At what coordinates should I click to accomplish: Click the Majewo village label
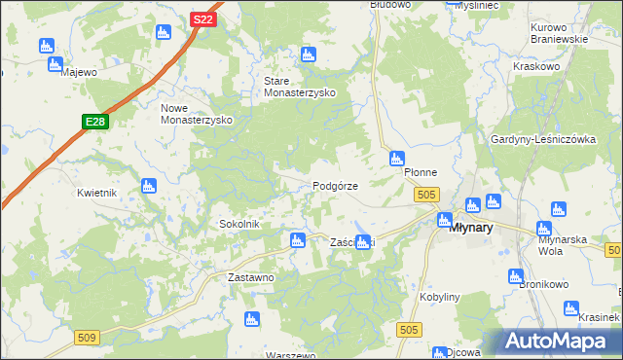(79, 72)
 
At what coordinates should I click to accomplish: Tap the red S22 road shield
(202, 18)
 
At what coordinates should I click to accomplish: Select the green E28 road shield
(94, 122)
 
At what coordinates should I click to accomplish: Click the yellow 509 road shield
(87, 337)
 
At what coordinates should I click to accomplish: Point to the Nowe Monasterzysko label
(195, 113)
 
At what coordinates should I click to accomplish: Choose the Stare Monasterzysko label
(300, 87)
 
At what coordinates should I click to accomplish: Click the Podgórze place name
(336, 186)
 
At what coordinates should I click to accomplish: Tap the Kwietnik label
(97, 193)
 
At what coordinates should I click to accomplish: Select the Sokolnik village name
(238, 224)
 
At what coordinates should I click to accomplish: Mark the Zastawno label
(251, 277)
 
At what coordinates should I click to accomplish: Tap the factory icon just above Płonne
(396, 158)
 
